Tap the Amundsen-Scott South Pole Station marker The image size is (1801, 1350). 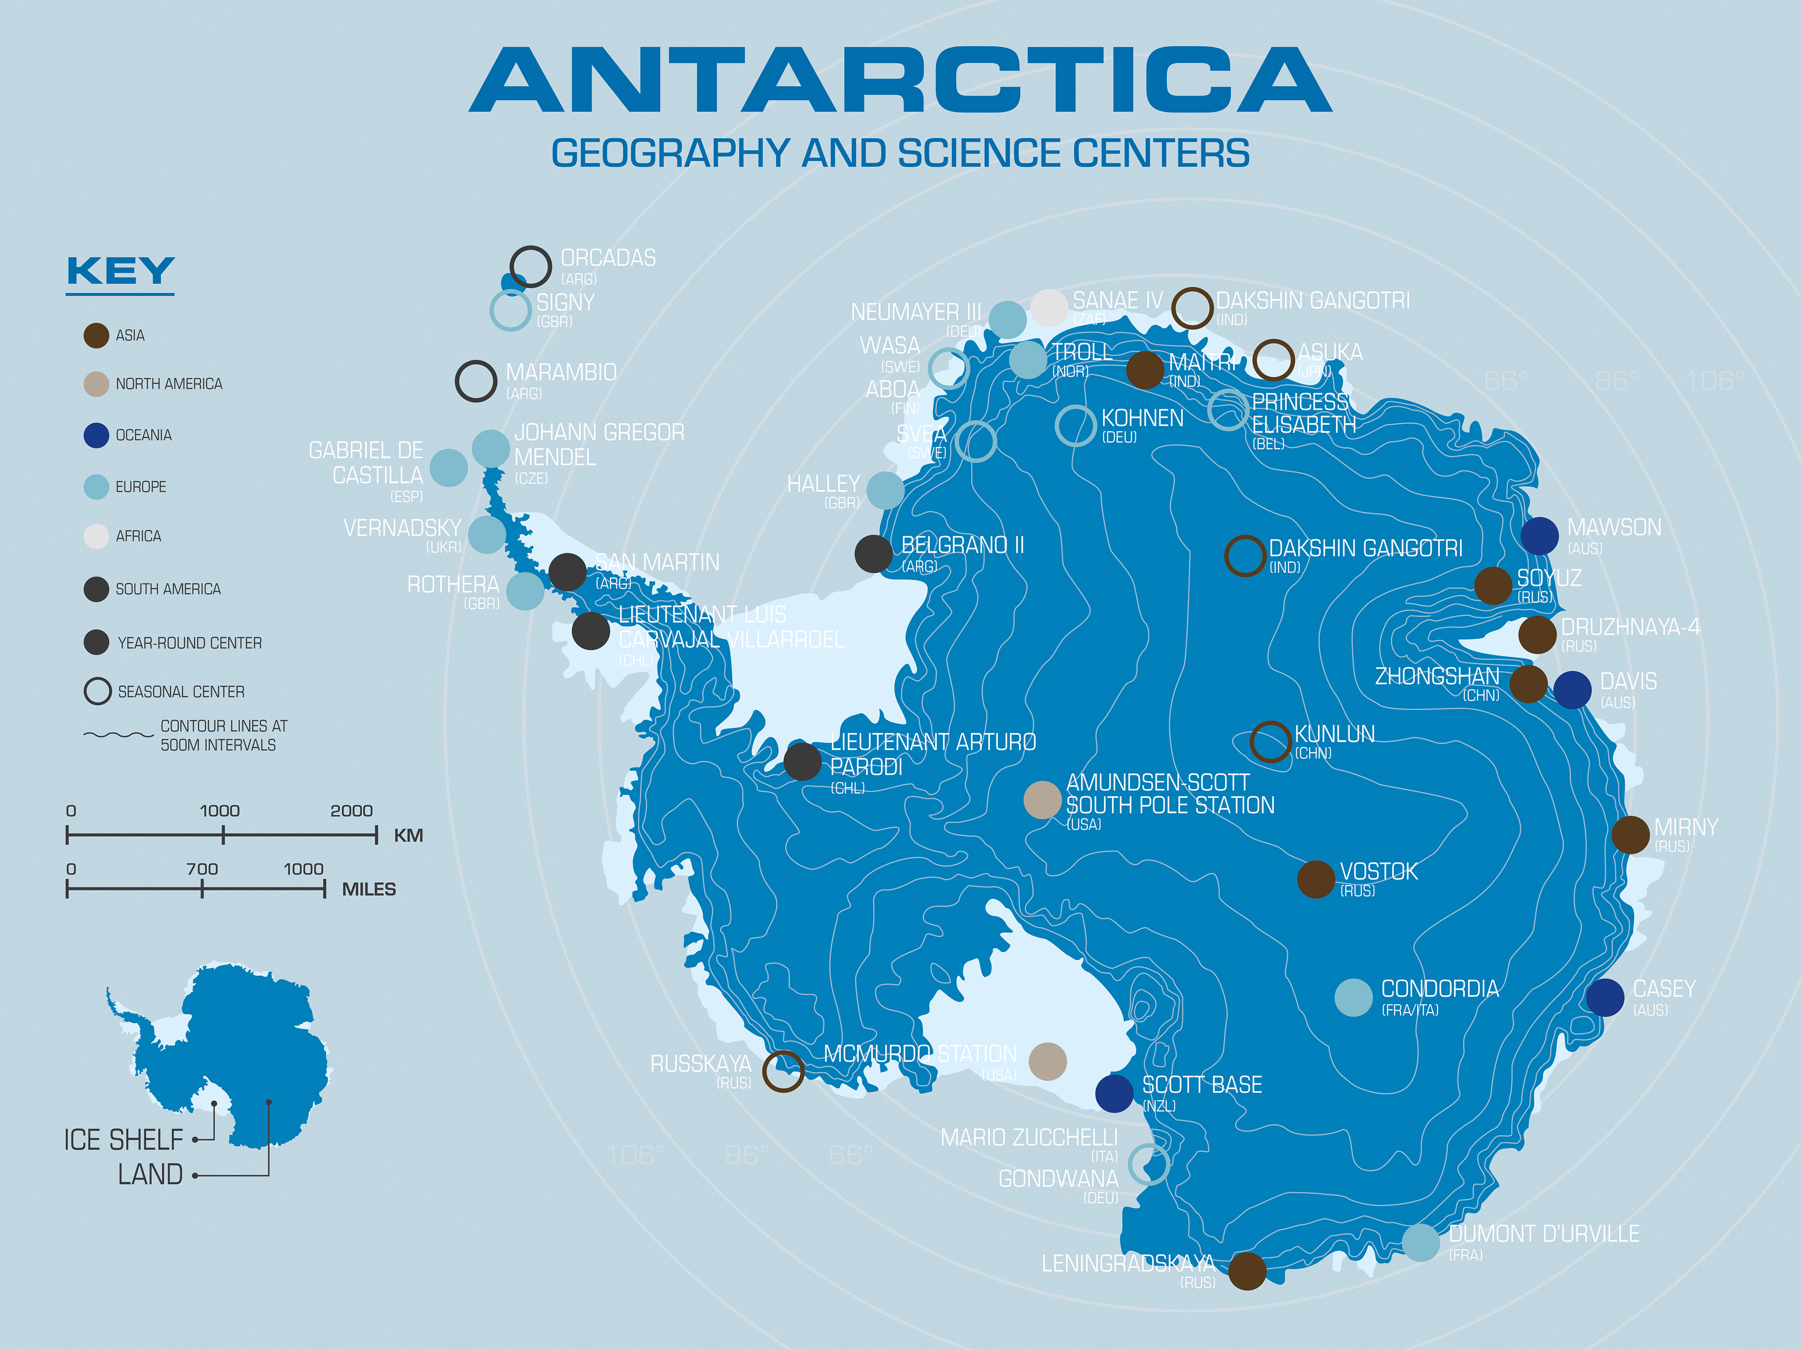1042,800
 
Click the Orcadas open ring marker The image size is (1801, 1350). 531,266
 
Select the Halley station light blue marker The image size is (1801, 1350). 885,490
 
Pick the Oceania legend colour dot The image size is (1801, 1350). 96,435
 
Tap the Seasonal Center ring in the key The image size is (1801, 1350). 97,691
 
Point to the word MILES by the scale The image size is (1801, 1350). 368,889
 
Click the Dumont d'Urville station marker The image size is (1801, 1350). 1421,1242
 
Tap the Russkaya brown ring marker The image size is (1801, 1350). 783,1071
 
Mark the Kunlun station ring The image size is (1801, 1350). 1269,741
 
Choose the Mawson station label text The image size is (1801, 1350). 1614,527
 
